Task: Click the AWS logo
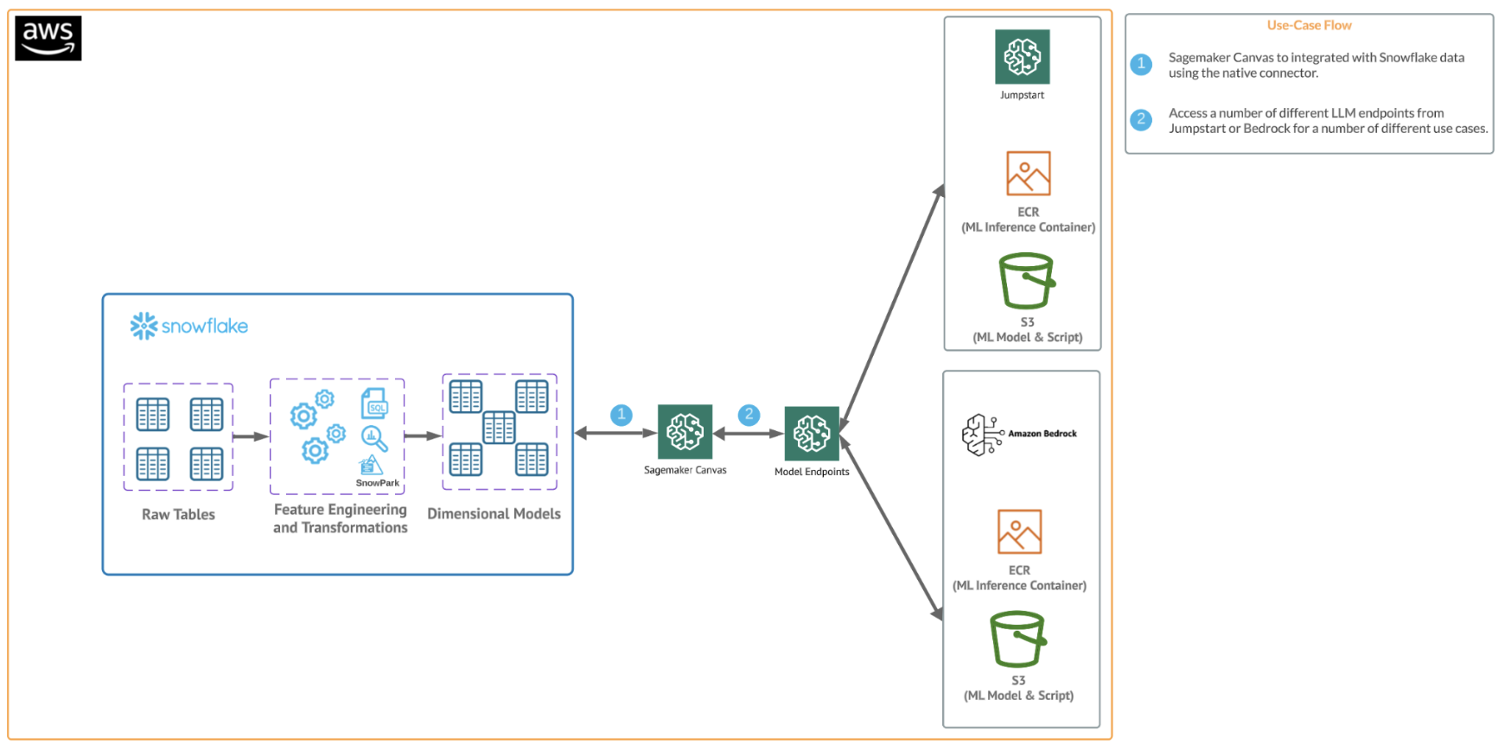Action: click(x=48, y=38)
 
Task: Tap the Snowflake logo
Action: click(x=189, y=326)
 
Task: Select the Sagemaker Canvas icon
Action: click(x=685, y=432)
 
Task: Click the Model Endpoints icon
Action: click(x=812, y=434)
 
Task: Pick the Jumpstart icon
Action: click(x=1022, y=57)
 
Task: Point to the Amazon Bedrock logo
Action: click(x=1019, y=434)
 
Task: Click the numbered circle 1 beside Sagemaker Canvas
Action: click(x=621, y=415)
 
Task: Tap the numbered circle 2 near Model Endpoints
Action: click(x=749, y=415)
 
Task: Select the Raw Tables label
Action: click(x=178, y=514)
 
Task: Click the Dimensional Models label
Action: click(x=494, y=513)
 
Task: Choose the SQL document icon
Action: click(x=374, y=404)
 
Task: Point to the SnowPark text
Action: click(x=378, y=483)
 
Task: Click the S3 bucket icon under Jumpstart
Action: click(x=1027, y=281)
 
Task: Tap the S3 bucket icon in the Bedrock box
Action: click(x=1018, y=639)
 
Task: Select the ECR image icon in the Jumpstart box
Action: click(x=1028, y=174)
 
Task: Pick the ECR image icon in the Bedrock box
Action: click(x=1019, y=531)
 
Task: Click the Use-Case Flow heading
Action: click(x=1309, y=25)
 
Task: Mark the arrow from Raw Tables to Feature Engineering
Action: click(x=251, y=436)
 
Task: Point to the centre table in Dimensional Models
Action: click(x=499, y=428)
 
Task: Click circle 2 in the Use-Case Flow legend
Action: click(x=1141, y=119)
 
